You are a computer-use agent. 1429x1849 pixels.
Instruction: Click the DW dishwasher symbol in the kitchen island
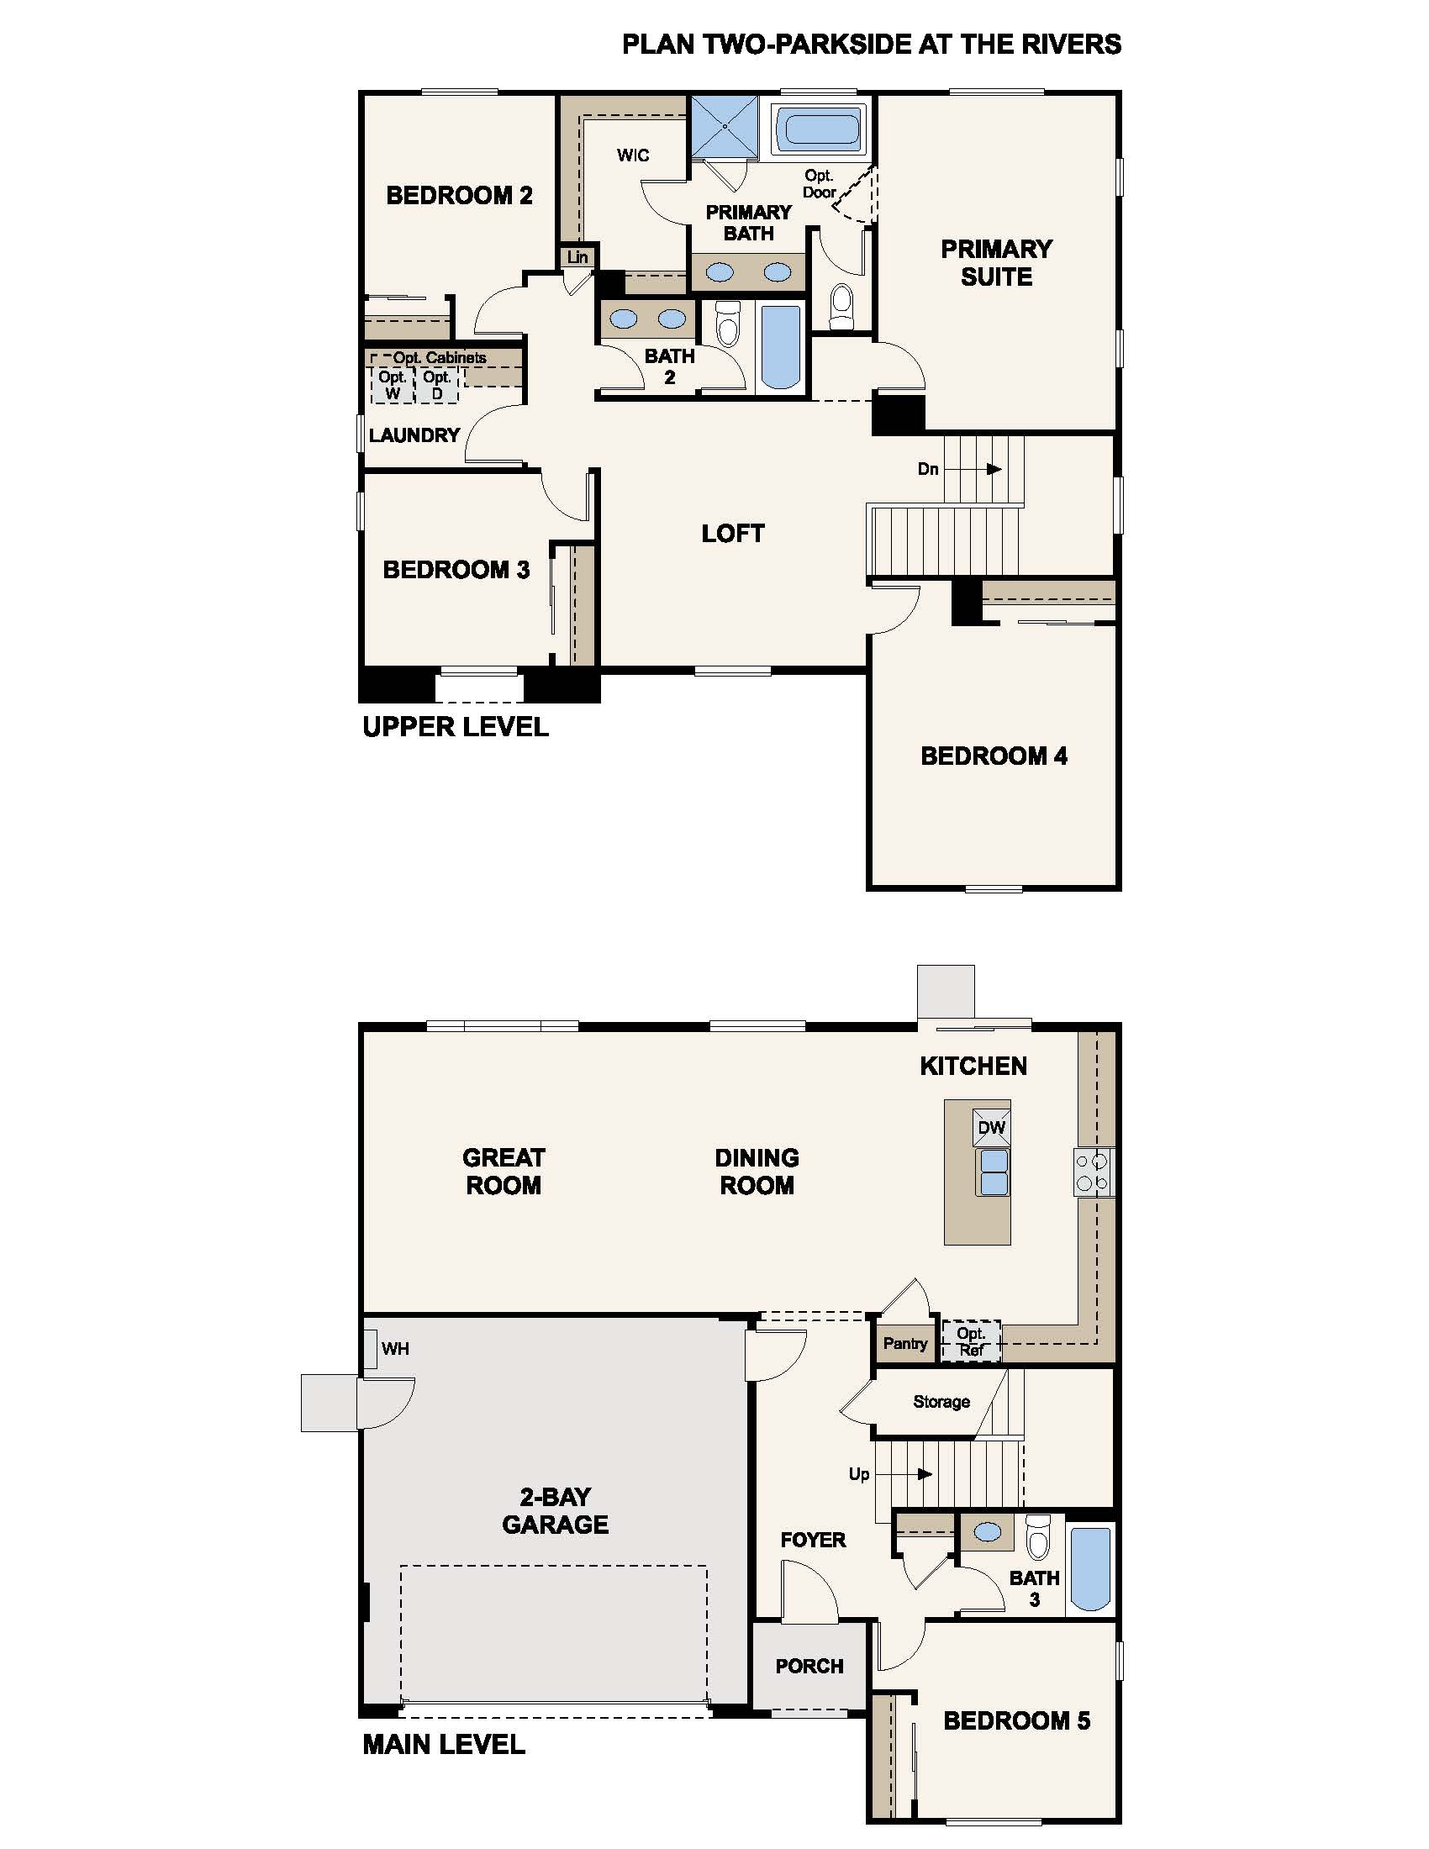click(x=991, y=1128)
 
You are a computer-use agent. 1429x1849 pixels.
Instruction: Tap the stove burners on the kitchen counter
click(x=1093, y=1172)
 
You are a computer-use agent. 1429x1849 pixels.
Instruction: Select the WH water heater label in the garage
click(x=395, y=1348)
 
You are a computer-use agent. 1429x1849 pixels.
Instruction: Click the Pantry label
click(x=905, y=1344)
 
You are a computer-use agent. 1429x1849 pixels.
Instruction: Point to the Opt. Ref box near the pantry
click(x=971, y=1341)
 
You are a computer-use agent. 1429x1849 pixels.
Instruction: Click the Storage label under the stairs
click(x=941, y=1401)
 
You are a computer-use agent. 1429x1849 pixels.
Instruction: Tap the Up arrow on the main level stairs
click(x=915, y=1474)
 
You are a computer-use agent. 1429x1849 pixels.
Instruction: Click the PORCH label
click(x=809, y=1666)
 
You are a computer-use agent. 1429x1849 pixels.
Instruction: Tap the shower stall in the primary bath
click(x=725, y=127)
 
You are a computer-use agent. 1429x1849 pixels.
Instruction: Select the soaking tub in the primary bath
click(x=820, y=129)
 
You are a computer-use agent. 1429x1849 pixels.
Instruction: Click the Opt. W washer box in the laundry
click(x=392, y=385)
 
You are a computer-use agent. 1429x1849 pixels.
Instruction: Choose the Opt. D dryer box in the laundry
click(x=437, y=385)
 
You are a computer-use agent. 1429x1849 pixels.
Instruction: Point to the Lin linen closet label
click(x=577, y=257)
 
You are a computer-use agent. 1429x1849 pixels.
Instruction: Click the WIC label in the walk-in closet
click(x=633, y=155)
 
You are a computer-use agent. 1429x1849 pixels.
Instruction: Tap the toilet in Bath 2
click(x=728, y=324)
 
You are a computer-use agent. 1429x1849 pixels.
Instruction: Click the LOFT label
click(x=733, y=534)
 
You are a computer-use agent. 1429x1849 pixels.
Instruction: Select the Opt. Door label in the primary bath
click(x=819, y=184)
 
